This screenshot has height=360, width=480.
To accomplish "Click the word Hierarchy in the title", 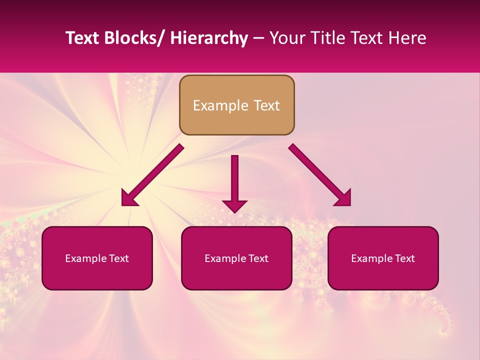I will pos(209,38).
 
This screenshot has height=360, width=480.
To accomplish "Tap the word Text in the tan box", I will pos(266,105).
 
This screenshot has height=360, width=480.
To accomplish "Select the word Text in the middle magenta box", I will pos(258,258).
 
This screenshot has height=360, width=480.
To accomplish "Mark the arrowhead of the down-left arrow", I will pos(128,198).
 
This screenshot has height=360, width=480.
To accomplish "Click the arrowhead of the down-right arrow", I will pos(344,198).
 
